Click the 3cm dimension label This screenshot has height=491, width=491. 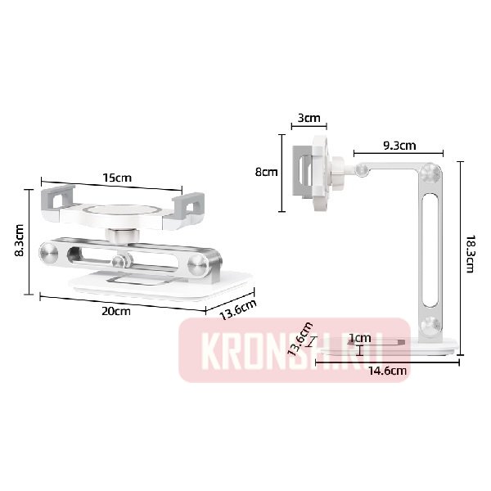309,118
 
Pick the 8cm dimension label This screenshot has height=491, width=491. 266,173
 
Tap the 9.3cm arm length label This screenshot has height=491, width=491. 400,146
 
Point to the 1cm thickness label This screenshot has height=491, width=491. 360,338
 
